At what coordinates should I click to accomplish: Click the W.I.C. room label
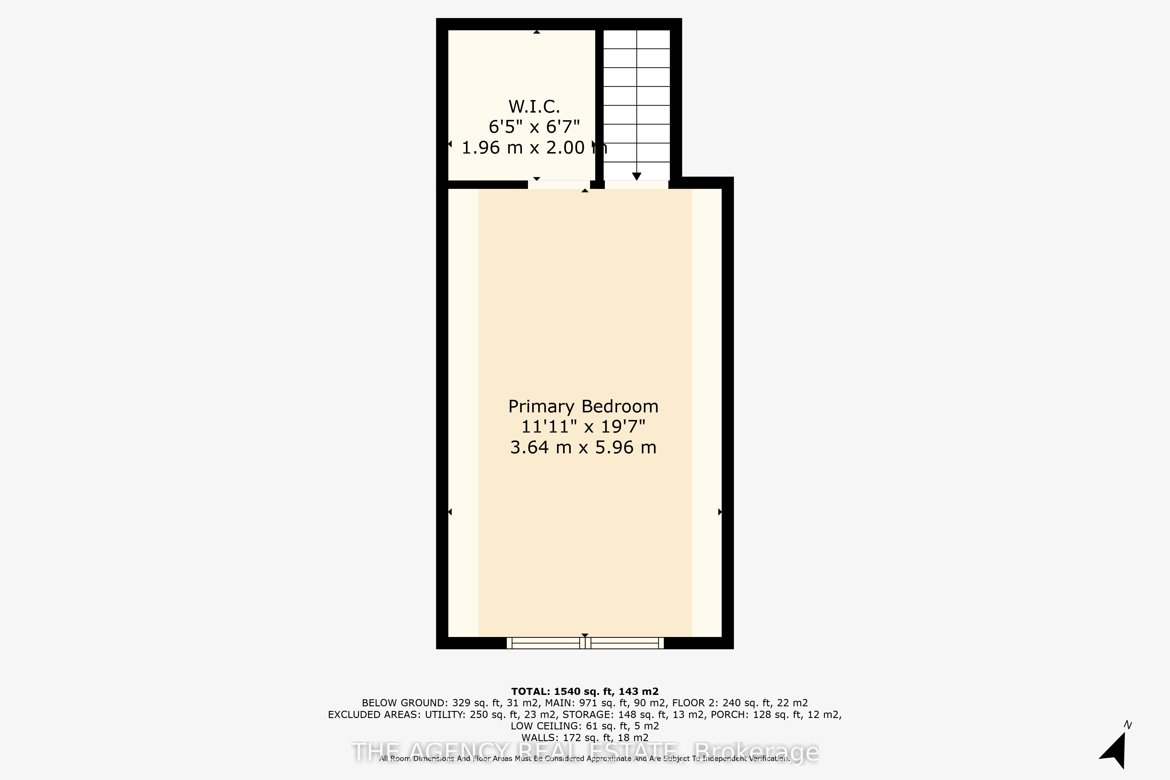point(534,106)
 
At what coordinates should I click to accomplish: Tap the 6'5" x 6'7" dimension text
point(534,127)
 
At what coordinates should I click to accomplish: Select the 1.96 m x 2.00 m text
point(534,148)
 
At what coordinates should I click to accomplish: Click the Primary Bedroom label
point(583,407)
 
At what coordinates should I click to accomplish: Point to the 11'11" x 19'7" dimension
point(583,427)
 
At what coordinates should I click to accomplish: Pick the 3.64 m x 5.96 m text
point(583,447)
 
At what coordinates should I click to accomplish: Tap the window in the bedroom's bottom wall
point(585,643)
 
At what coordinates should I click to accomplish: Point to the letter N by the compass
point(1128,725)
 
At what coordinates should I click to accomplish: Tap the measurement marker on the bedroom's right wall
point(720,512)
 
